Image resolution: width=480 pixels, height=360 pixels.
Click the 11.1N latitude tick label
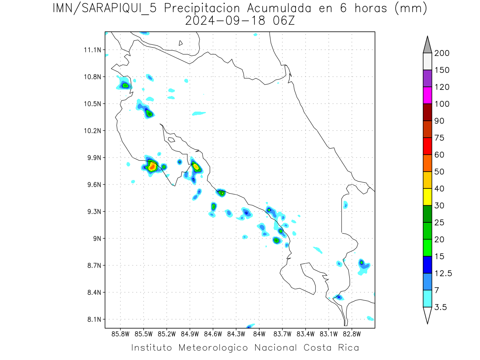pos(92,50)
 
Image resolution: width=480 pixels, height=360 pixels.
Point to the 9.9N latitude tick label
pos(92,158)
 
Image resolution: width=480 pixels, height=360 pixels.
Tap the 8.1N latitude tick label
pos(92,319)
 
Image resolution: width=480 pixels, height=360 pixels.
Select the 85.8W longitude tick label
pos(120,333)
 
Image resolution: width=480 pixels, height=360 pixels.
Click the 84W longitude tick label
pos(259,333)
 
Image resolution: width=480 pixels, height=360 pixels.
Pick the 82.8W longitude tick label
pos(352,333)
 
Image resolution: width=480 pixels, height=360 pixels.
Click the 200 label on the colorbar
pos(442,53)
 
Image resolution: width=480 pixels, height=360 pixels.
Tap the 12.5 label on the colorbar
pos(443,273)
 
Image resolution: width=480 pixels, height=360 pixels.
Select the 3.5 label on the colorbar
pos(441,307)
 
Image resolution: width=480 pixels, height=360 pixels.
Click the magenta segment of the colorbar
pos(427,95)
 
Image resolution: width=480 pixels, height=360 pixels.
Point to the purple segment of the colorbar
pos(427,78)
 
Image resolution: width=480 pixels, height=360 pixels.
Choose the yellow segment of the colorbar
pos(427,197)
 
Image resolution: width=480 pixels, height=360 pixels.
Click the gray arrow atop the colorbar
pos(427,45)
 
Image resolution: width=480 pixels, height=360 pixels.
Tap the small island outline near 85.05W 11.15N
pos(181,43)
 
